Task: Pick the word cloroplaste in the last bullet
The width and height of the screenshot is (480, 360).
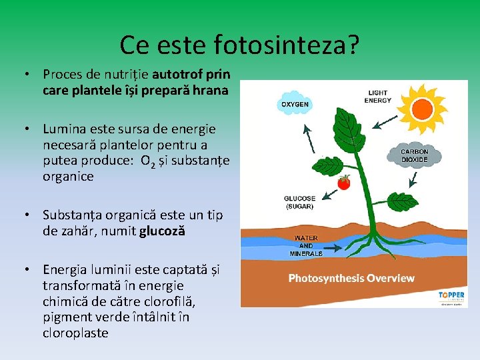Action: click(x=75, y=333)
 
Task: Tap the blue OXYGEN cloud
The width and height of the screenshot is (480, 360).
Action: click(x=295, y=105)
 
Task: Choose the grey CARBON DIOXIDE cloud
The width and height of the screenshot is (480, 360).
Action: click(x=414, y=156)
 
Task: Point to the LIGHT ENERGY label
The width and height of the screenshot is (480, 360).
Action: click(x=378, y=97)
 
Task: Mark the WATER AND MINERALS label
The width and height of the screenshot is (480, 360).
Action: click(x=305, y=245)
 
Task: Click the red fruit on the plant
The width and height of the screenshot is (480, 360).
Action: click(x=344, y=182)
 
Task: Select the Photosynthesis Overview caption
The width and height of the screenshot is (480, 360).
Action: click(x=351, y=278)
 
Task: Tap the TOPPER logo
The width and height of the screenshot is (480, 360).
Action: click(x=451, y=295)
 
